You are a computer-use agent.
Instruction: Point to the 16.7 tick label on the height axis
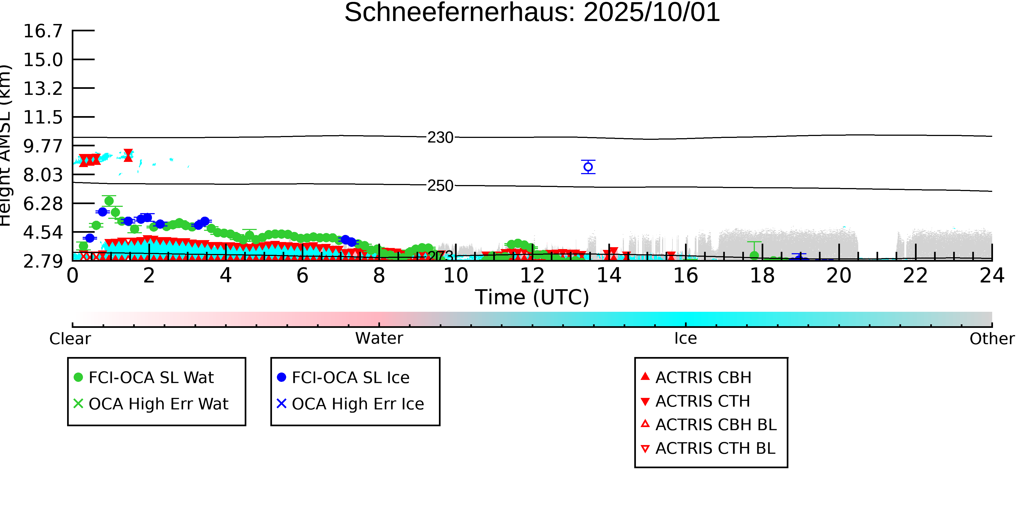(43, 31)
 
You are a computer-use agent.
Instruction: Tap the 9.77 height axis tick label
(43, 146)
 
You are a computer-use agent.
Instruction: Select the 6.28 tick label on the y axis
(43, 204)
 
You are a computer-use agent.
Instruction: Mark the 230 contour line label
(440, 138)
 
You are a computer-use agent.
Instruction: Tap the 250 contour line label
(440, 186)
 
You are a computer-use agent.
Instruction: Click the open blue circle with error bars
(588, 167)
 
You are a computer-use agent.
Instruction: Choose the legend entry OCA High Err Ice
(357, 404)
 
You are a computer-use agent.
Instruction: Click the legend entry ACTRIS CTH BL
(715, 449)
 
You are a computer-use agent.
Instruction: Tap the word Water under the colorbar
(379, 338)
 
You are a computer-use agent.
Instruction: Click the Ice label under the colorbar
(686, 339)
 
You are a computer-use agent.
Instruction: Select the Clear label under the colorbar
(70, 339)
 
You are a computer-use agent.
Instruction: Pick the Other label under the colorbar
(992, 339)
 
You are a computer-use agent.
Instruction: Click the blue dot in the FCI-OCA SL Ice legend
(282, 377)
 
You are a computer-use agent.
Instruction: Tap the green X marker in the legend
(78, 404)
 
